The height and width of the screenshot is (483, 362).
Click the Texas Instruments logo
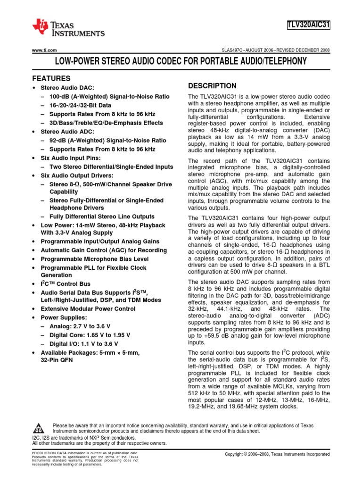(68, 28)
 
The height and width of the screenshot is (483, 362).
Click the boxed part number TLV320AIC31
(308, 25)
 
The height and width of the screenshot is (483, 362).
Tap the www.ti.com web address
(44, 50)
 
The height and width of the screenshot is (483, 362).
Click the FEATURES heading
(51, 78)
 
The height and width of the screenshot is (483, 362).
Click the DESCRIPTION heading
(212, 86)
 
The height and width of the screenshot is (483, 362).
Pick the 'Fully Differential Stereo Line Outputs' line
(102, 217)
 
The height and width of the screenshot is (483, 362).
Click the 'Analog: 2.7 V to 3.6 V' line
(80, 326)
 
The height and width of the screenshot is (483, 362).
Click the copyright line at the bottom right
(278, 454)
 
